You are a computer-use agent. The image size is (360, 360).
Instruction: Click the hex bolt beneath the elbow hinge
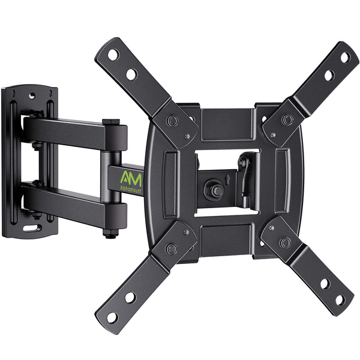pyautogui.click(x=111, y=232)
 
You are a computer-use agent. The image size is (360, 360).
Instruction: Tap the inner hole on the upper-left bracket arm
pyautogui.click(x=131, y=74)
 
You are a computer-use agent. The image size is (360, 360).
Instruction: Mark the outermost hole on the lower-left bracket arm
pyautogui.click(x=112, y=316)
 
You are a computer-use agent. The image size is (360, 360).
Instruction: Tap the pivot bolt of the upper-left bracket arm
pyautogui.click(x=173, y=121)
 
